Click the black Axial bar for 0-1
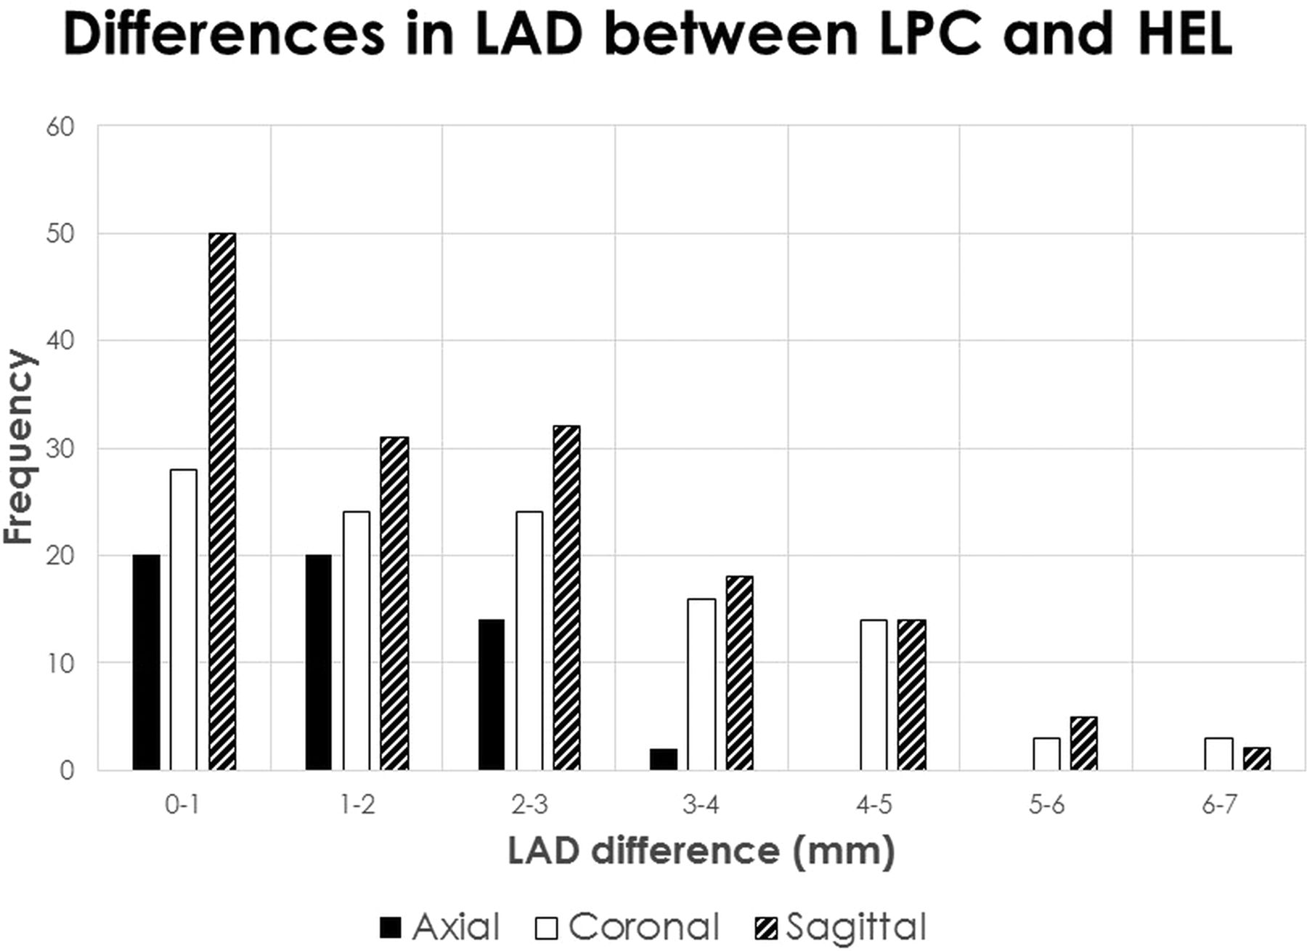[x=146, y=662]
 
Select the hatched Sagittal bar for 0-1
[x=222, y=501]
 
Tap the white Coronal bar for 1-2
[x=356, y=640]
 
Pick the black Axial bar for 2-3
[x=492, y=695]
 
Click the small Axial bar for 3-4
[x=664, y=759]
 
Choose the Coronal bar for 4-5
[x=874, y=695]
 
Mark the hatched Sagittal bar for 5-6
[x=1083, y=743]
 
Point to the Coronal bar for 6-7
[x=1218, y=754]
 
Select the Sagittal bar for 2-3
[x=566, y=597]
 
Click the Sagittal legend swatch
[x=767, y=928]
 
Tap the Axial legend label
[x=456, y=927]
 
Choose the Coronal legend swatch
[x=546, y=928]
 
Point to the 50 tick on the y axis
[x=60, y=234]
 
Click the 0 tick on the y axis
[x=67, y=770]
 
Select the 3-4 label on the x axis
[x=701, y=805]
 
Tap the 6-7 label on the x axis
[x=1219, y=805]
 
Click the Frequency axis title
[x=19, y=447]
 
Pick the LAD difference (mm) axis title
[x=701, y=851]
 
